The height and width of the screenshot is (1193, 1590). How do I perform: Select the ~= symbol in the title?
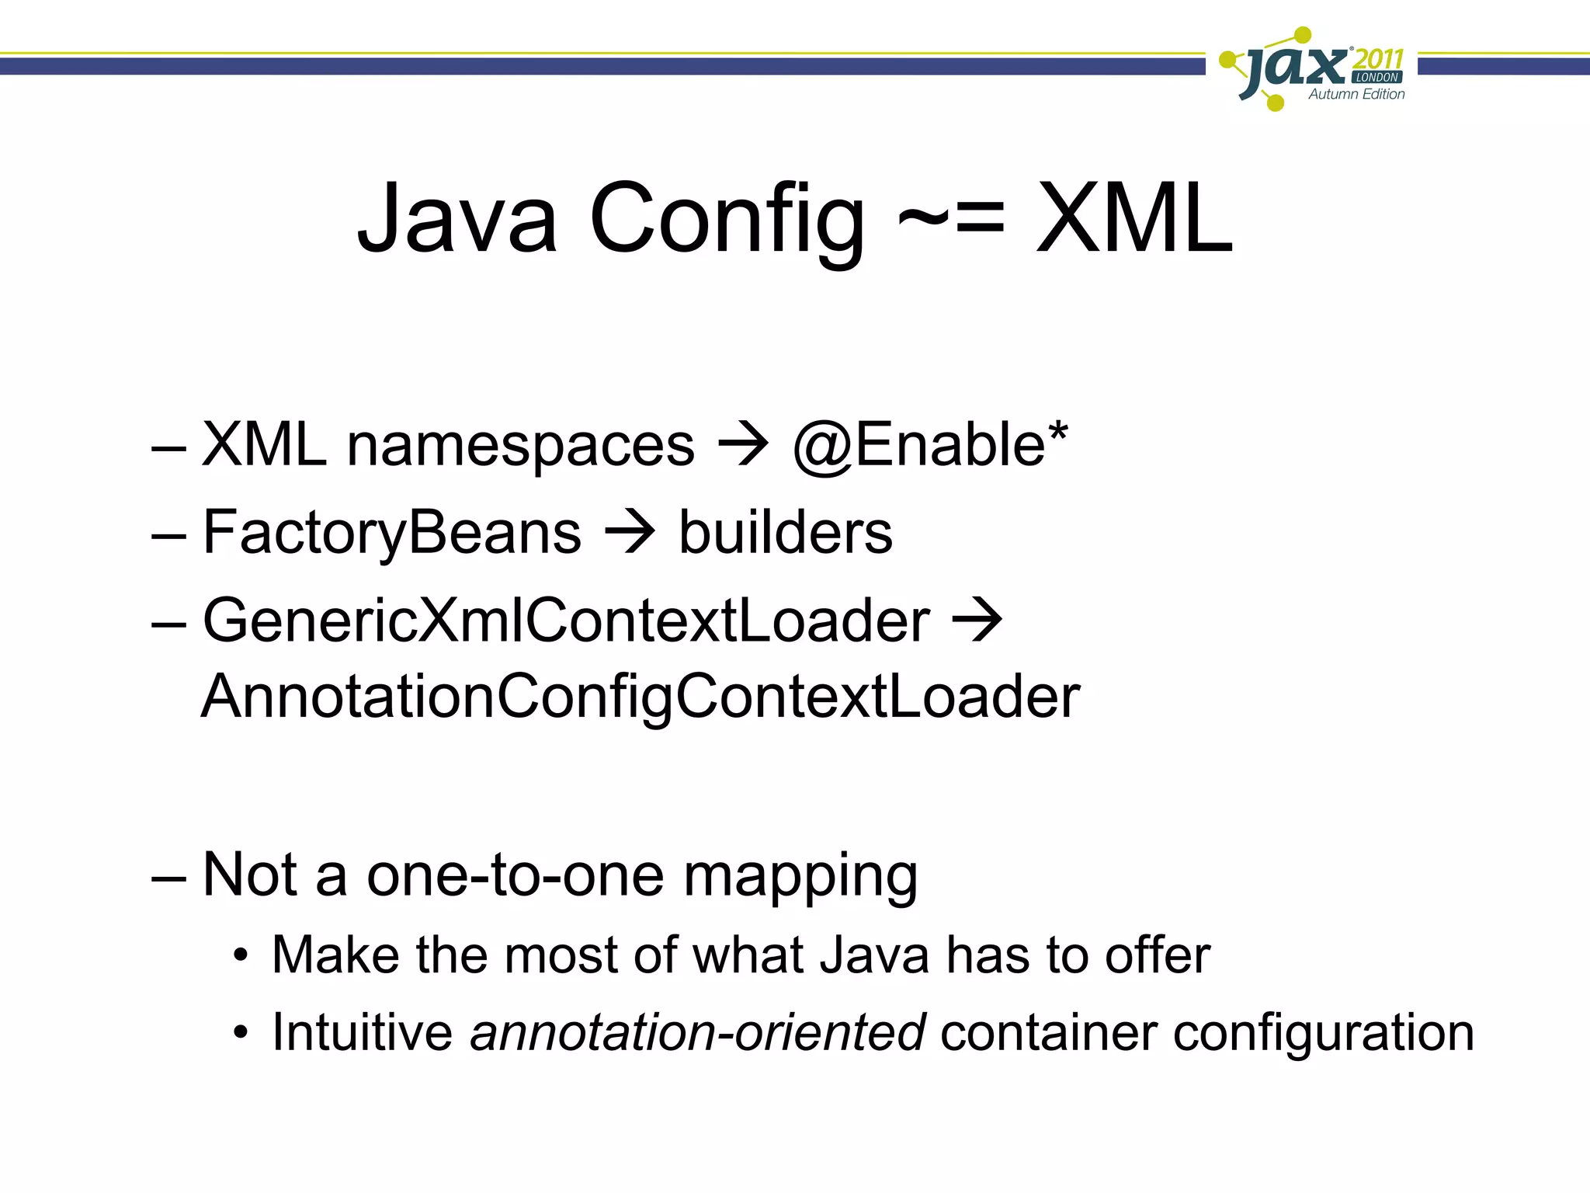click(952, 216)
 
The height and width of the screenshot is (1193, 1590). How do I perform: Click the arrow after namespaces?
click(743, 445)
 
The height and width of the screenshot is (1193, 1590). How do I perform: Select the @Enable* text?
click(930, 445)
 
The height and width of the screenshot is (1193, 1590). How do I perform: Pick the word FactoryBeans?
click(392, 534)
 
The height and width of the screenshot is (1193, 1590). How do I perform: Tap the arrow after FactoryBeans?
click(630, 533)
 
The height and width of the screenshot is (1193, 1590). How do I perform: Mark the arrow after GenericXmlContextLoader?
click(977, 620)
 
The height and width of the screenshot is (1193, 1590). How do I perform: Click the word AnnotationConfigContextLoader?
click(641, 697)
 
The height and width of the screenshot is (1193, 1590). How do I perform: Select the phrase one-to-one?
click(515, 875)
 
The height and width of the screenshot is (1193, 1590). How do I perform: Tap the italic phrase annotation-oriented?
click(697, 1033)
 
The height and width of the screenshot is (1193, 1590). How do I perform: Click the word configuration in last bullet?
click(1323, 1035)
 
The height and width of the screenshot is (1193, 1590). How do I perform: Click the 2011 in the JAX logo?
click(1378, 59)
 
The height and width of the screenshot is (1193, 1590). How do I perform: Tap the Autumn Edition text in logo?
click(1356, 95)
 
